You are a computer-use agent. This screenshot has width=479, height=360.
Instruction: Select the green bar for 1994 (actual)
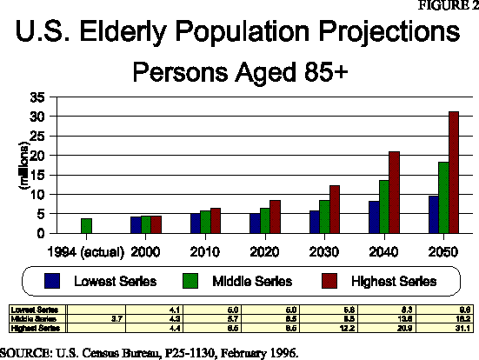pos(87,226)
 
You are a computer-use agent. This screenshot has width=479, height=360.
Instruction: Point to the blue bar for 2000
pos(136,225)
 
